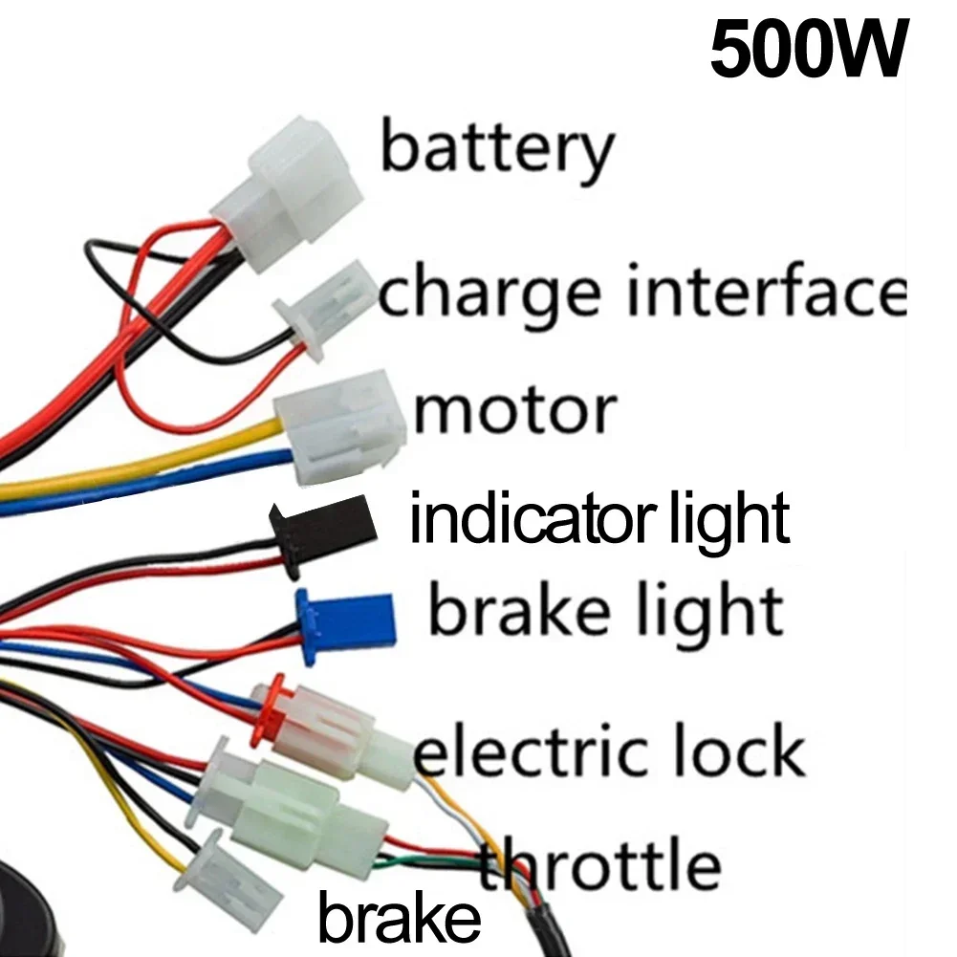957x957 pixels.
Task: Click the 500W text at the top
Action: [808, 53]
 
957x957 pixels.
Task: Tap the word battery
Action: [496, 151]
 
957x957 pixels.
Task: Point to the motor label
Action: [514, 410]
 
